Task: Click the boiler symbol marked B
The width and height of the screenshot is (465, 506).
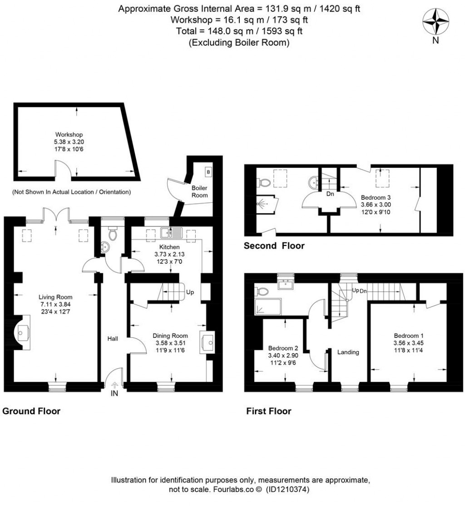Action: click(x=208, y=172)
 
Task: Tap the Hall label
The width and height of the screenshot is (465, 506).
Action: click(x=113, y=339)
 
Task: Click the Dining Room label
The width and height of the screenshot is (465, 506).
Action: click(x=170, y=336)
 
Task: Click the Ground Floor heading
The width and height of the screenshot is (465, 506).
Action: click(x=31, y=411)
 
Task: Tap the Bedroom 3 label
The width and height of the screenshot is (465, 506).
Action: click(x=376, y=198)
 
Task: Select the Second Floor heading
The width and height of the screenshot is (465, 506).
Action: click(x=274, y=246)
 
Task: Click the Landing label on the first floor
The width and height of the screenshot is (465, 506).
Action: click(x=348, y=352)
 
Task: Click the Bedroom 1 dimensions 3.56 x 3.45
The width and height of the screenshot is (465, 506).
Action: click(x=408, y=343)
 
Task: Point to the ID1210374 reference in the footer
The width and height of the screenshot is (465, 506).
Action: click(x=289, y=490)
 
